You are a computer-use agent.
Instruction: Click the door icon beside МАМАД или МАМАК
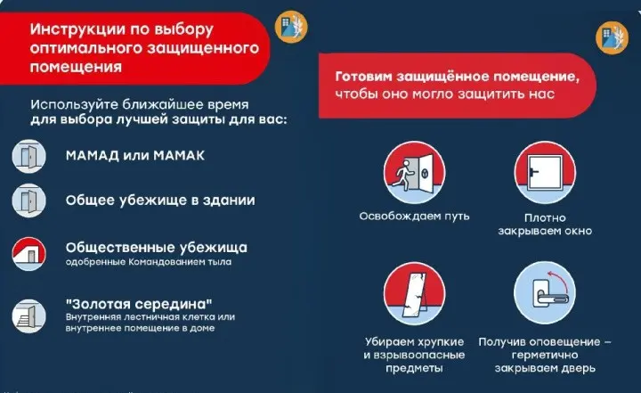(29, 155)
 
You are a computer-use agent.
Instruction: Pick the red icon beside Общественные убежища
(29, 253)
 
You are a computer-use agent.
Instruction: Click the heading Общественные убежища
(156, 247)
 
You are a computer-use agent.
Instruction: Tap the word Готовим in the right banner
(367, 75)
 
